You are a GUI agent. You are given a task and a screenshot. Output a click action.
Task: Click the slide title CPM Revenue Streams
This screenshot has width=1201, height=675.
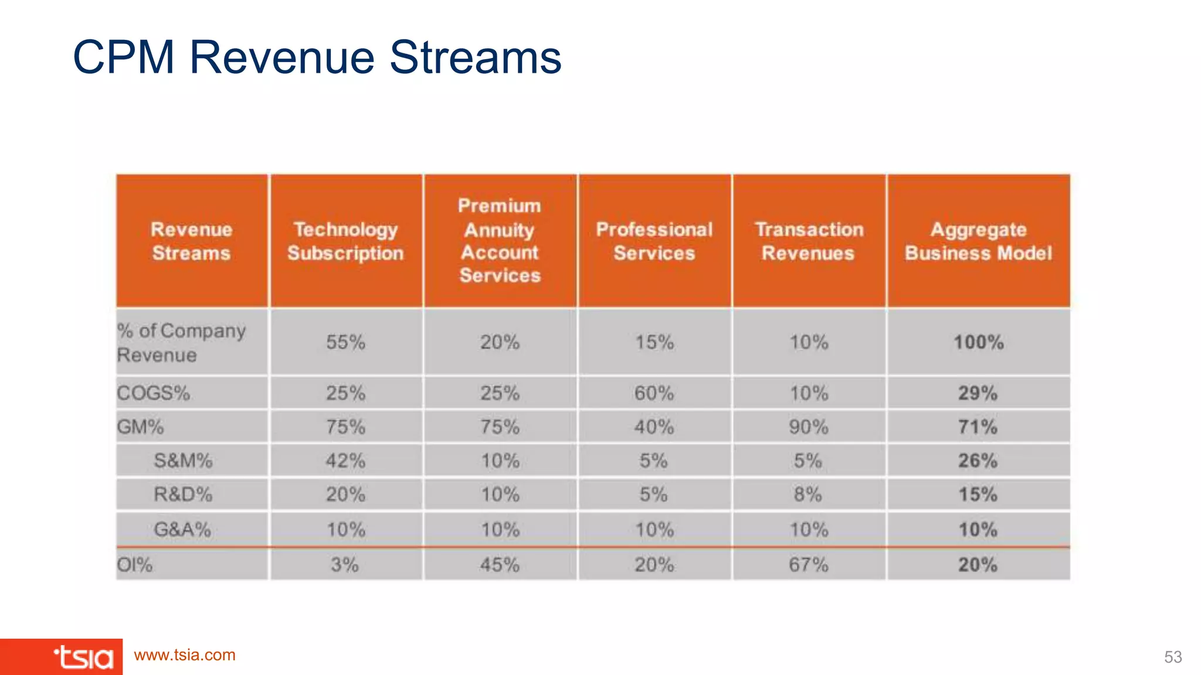tap(317, 57)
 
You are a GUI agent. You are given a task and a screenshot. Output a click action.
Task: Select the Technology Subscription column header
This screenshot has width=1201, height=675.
tap(345, 241)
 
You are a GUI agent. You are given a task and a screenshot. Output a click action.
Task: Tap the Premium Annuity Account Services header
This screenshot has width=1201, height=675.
tap(500, 240)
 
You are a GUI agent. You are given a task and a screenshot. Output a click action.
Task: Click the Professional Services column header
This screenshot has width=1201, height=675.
tap(654, 241)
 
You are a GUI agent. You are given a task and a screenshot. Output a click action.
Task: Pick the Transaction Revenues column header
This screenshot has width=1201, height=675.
tap(809, 241)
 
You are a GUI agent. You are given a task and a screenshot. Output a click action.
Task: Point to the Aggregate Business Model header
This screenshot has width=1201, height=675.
tap(978, 241)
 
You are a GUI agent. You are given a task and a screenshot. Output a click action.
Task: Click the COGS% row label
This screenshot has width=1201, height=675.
tap(154, 393)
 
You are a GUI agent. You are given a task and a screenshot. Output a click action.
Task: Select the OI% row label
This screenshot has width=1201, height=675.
tap(135, 565)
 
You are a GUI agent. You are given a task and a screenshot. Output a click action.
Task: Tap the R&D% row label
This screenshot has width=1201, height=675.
tap(183, 495)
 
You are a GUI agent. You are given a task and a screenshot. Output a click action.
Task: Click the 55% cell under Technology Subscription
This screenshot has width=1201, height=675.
tap(345, 342)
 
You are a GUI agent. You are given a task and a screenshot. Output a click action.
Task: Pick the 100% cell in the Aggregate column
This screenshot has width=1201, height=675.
tap(978, 342)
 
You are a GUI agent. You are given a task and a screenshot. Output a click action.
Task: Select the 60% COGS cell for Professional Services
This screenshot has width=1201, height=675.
tap(654, 393)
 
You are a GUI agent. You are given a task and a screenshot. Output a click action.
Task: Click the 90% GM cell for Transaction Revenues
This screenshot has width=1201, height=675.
tap(809, 427)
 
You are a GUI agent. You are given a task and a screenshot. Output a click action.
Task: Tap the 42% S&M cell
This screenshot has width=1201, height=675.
tap(345, 461)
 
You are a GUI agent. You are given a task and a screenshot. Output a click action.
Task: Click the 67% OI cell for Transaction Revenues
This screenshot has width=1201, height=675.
tap(808, 565)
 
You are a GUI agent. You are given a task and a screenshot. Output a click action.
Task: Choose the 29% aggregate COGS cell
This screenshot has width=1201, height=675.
tap(978, 393)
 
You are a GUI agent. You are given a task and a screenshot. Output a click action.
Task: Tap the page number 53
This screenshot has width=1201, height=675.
tap(1173, 657)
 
